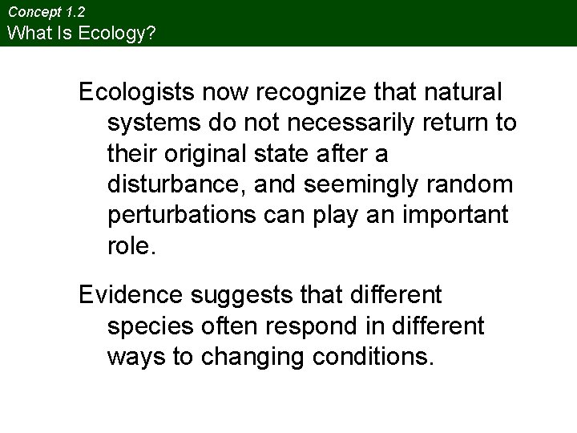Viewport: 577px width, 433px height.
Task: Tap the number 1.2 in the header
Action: click(75, 13)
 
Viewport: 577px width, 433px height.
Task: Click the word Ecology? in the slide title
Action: click(126, 34)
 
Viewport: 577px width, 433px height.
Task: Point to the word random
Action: click(473, 185)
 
